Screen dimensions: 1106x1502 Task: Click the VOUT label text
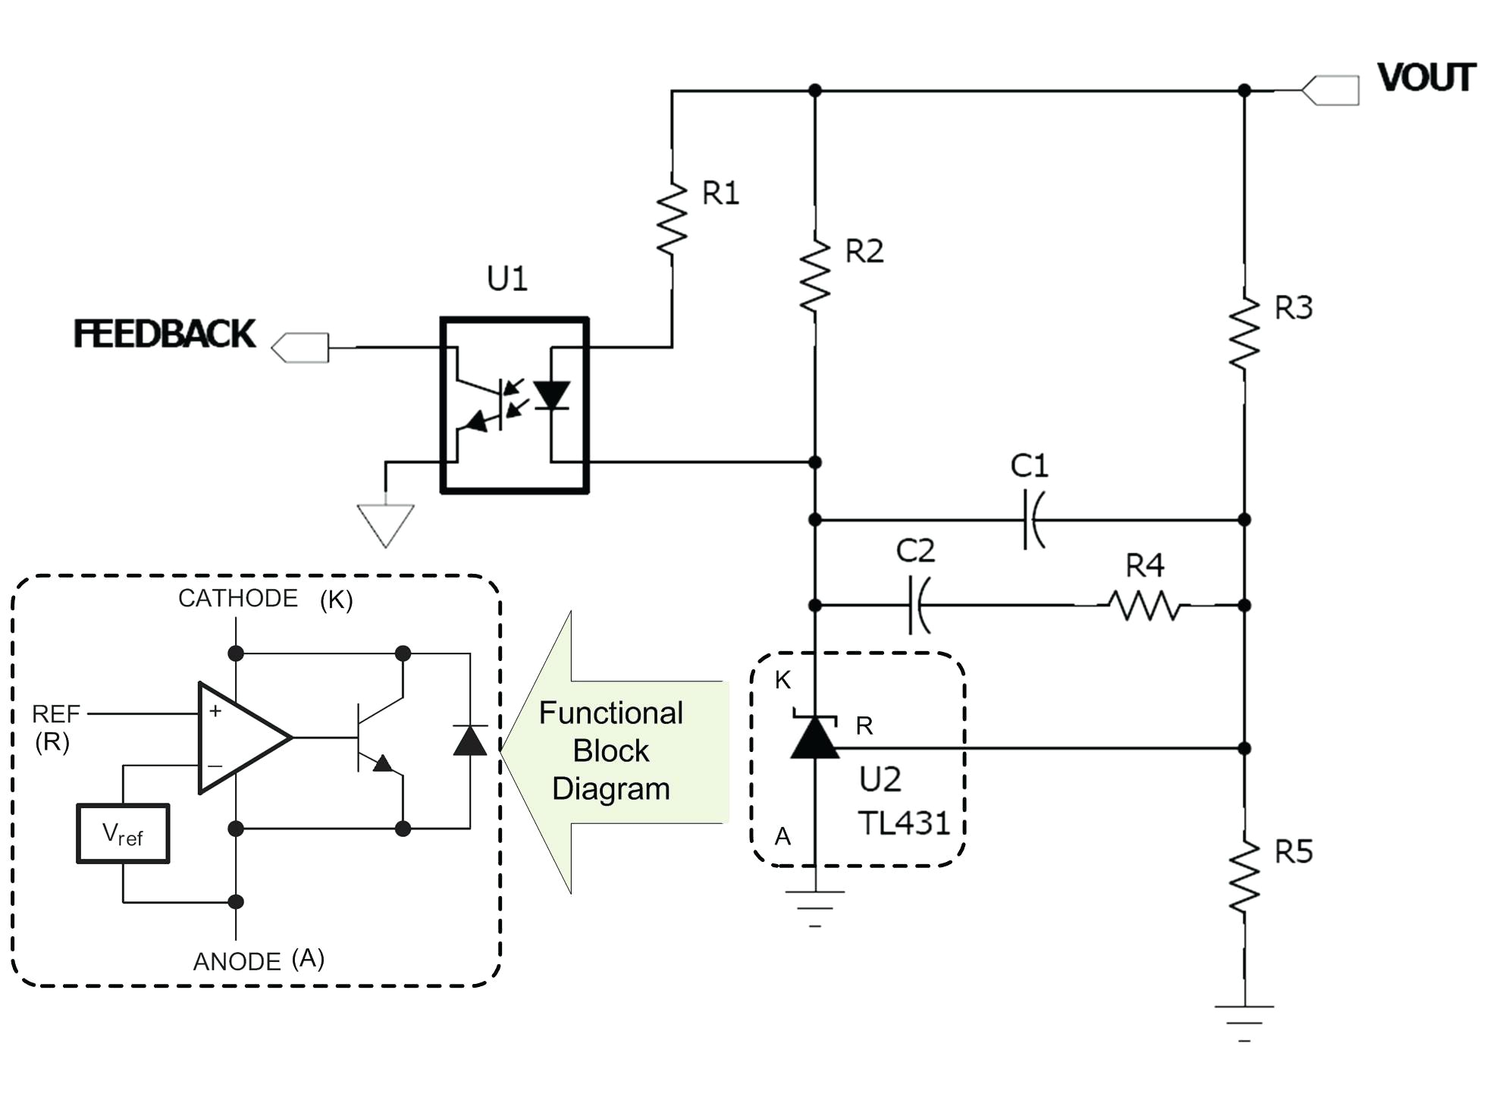coord(1425,78)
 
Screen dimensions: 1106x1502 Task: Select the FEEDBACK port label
coord(165,334)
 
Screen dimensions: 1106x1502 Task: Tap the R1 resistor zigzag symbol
coord(672,219)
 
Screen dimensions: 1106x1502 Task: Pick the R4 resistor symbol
coord(1144,605)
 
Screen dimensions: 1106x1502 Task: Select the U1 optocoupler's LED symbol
coord(552,396)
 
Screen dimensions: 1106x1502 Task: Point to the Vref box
coord(123,834)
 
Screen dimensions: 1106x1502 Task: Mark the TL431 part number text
coord(904,823)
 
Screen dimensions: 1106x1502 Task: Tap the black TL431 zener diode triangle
coord(815,738)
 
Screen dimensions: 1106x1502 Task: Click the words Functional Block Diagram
coord(611,750)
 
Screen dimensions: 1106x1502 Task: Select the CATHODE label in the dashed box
coord(237,598)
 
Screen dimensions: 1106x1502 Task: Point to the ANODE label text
coord(237,961)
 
